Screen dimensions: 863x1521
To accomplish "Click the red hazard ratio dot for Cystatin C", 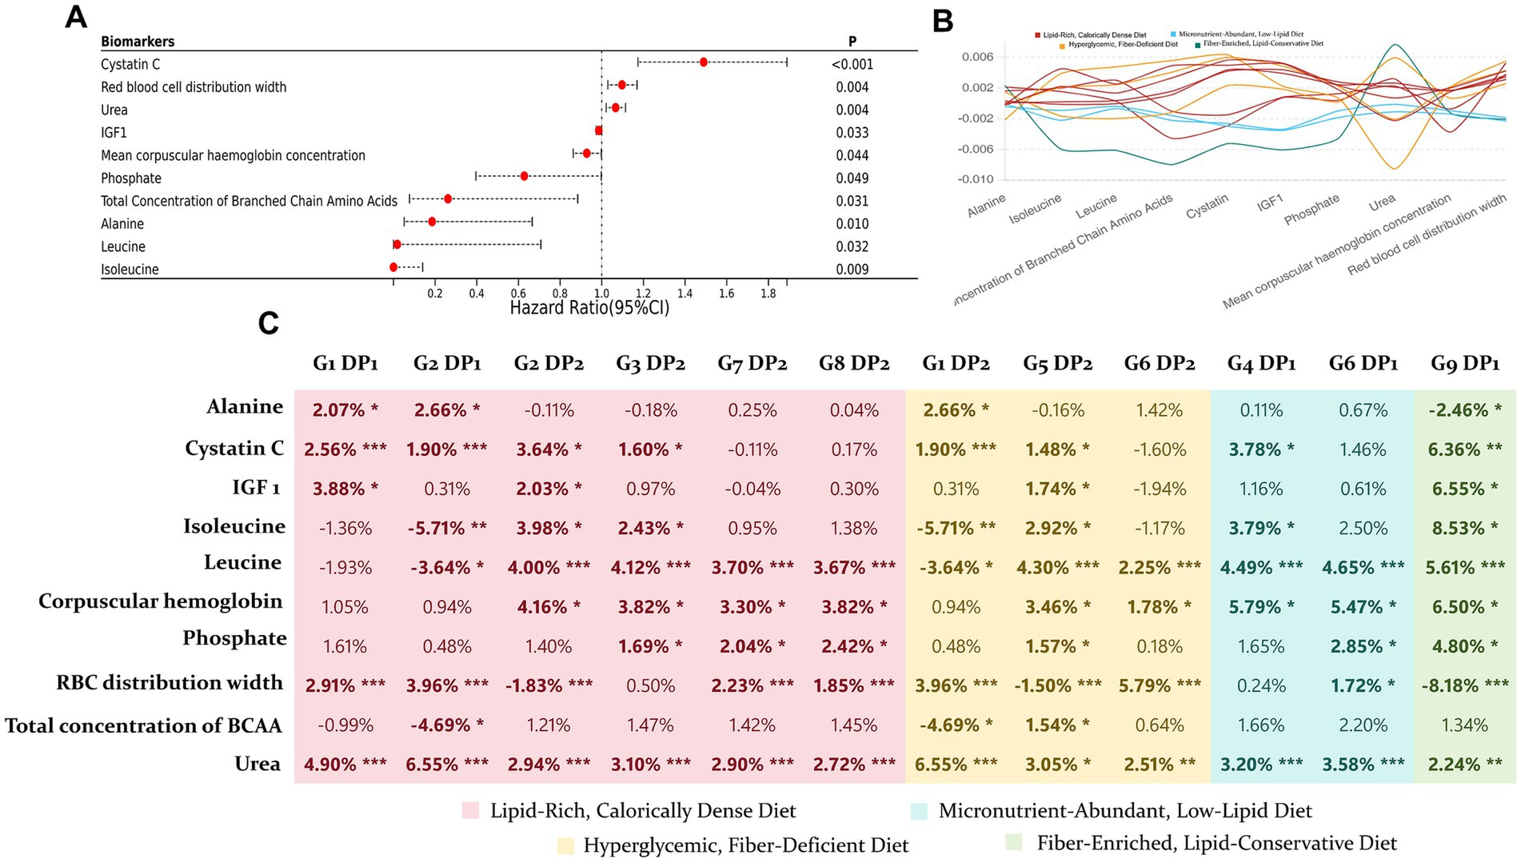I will click(703, 62).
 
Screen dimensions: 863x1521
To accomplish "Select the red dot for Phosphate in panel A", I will click(524, 176).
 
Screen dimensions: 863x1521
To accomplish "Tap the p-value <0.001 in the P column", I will click(852, 65).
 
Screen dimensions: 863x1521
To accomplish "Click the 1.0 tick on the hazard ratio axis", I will click(601, 294).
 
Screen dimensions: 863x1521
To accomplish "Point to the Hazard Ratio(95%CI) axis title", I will click(589, 308).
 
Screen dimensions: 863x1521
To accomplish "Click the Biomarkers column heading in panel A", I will click(138, 42).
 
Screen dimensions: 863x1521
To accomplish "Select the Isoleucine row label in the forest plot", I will click(130, 270).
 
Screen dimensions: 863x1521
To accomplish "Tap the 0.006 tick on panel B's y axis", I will click(977, 57).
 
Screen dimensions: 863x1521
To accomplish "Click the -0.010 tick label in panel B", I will click(976, 179).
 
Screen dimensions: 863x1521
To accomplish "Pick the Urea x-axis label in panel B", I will click(1382, 202).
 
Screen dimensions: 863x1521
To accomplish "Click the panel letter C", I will click(268, 323).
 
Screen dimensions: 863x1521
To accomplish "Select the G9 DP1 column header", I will click(1464, 364).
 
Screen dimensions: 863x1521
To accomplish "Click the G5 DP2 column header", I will click(1057, 364).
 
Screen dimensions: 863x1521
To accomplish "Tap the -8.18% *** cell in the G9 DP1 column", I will click(1464, 685).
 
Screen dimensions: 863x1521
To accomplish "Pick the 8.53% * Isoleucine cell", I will click(1464, 528).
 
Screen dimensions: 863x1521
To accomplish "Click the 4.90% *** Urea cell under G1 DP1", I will click(345, 764).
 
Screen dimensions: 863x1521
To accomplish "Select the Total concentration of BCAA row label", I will click(144, 725).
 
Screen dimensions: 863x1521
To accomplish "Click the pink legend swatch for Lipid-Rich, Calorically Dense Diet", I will click(471, 811).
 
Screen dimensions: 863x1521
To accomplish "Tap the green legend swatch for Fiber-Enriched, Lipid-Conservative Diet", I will click(1014, 843).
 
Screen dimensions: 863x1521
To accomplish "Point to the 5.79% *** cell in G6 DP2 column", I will click(1159, 685).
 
